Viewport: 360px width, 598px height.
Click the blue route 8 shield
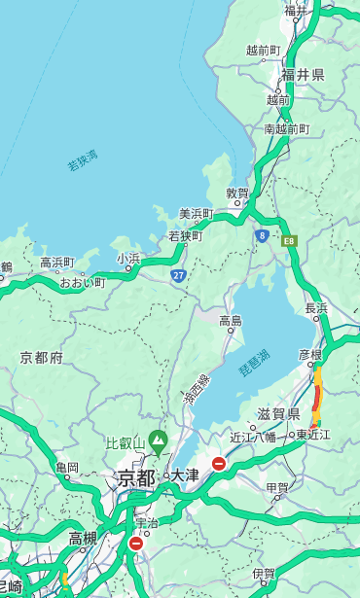click(262, 235)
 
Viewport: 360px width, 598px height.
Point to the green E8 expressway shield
click(289, 240)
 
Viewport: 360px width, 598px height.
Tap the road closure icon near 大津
click(219, 464)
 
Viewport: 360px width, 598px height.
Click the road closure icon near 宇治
click(135, 544)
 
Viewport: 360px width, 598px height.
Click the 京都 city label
click(136, 477)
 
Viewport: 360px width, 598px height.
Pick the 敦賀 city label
click(237, 193)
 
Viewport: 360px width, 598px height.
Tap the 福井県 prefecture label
click(303, 75)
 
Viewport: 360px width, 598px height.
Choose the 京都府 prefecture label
click(42, 358)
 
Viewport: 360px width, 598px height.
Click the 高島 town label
click(231, 321)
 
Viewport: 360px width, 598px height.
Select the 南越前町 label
click(286, 128)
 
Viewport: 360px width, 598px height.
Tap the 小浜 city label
click(128, 259)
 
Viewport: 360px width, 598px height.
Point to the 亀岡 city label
click(66, 468)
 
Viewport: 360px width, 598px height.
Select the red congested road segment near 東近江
click(317, 399)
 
